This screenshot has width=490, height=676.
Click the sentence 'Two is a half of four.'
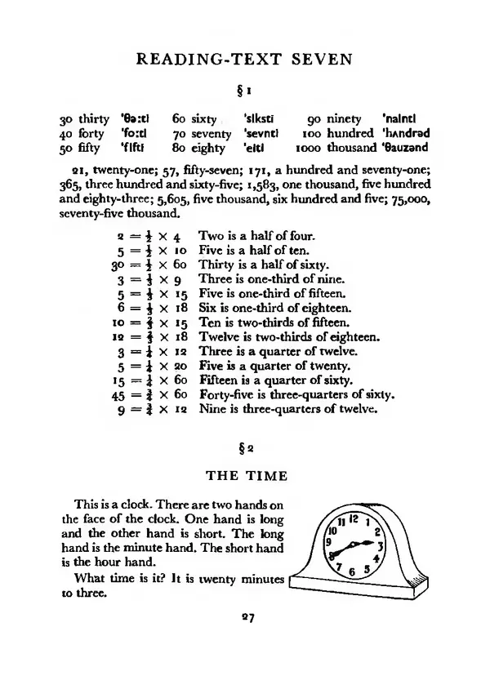[x=260, y=235]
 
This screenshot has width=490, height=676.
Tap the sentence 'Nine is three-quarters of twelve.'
[x=288, y=410]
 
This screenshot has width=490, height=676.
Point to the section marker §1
[x=244, y=87]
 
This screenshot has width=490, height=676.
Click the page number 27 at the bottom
[x=244, y=618]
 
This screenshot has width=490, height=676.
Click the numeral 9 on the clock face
[x=328, y=541]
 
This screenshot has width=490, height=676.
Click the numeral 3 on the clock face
[x=381, y=545]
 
